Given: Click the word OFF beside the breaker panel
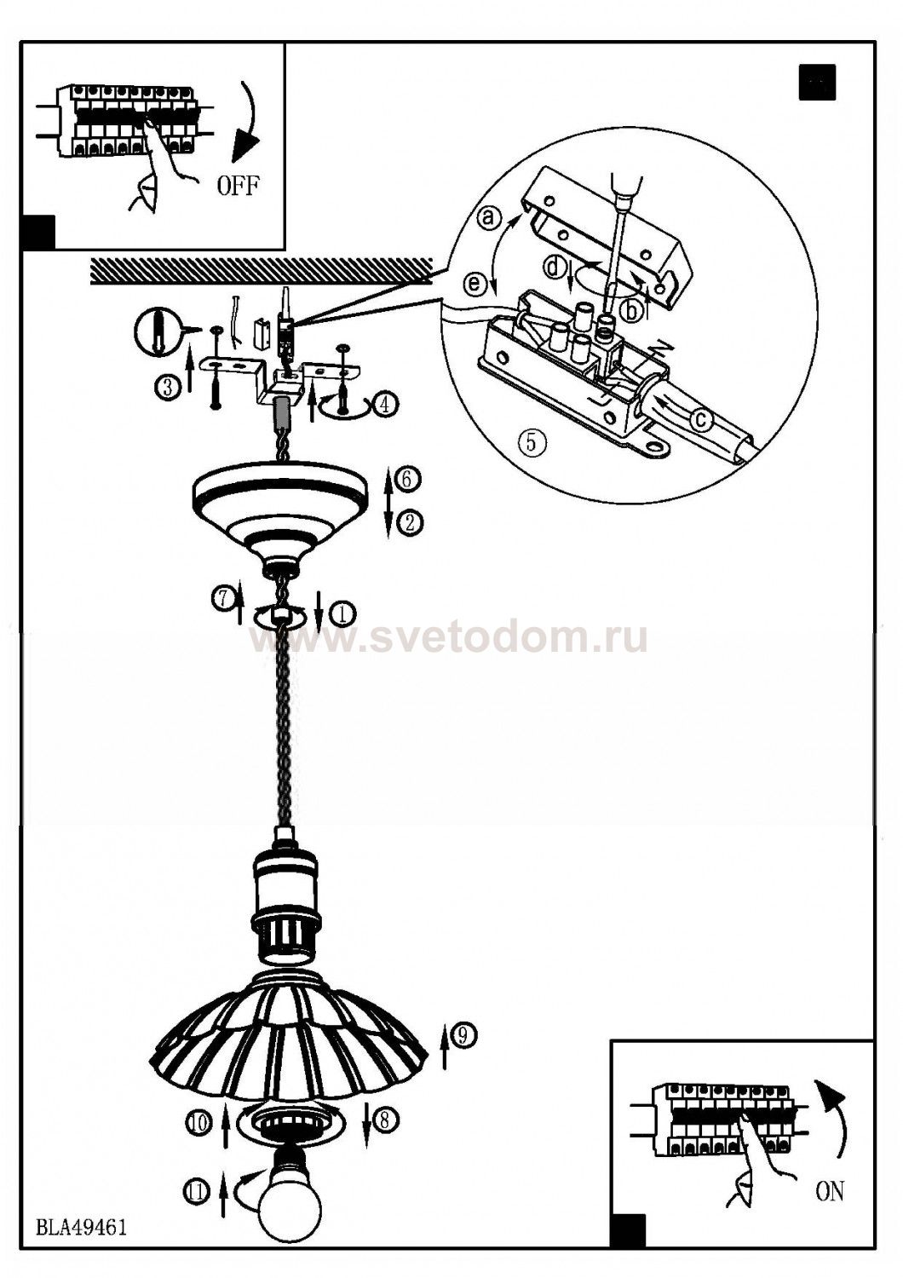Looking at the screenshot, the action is [x=238, y=186].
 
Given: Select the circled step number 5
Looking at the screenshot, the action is [x=531, y=442].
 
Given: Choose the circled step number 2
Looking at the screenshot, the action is [x=409, y=522].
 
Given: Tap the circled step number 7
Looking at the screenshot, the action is [x=223, y=598].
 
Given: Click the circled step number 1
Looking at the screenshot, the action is [x=342, y=613].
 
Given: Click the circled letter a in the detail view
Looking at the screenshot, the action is [x=489, y=217].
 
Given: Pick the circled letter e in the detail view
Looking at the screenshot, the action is [x=475, y=285].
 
